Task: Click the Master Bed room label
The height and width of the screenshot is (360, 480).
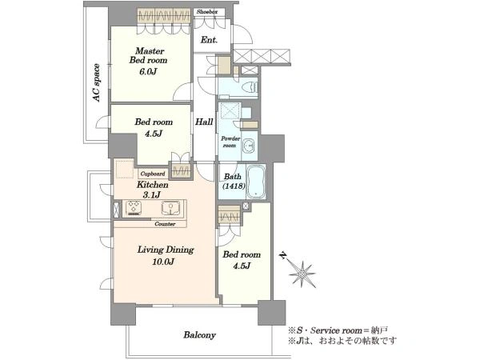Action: (149, 55)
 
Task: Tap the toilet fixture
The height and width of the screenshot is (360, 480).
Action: (249, 86)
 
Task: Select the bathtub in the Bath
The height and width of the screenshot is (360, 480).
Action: (256, 182)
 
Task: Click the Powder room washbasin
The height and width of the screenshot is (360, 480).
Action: (248, 146)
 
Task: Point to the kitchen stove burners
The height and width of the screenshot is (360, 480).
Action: (134, 207)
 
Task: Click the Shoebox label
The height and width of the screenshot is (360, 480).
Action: (207, 12)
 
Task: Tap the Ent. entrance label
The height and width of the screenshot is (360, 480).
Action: (209, 40)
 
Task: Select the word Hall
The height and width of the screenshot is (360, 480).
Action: (204, 122)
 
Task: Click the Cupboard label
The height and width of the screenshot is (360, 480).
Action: (153, 174)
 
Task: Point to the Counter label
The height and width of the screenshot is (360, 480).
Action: (165, 224)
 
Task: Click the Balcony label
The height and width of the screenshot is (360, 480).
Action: (199, 335)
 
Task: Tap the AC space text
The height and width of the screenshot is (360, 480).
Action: (97, 82)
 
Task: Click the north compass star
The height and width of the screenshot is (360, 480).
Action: (302, 274)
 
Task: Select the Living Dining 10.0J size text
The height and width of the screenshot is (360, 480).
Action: (163, 262)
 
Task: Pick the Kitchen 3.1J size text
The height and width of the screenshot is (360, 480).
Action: (151, 194)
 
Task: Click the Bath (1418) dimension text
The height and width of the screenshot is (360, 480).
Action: (234, 186)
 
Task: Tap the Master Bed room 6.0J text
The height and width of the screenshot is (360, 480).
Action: (148, 72)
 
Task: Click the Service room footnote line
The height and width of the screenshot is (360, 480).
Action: (338, 330)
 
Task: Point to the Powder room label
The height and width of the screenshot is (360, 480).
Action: (230, 142)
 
